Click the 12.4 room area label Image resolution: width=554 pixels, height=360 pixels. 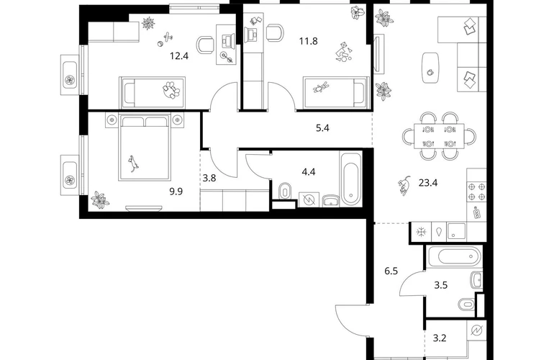[x=179, y=56]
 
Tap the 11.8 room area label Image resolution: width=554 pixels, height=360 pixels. [x=309, y=41]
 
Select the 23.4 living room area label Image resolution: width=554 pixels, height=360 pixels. [x=428, y=183]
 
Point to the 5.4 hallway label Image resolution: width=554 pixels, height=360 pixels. [x=322, y=128]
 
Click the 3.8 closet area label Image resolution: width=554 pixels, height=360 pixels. [x=209, y=178]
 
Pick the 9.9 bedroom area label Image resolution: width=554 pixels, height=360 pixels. [x=176, y=192]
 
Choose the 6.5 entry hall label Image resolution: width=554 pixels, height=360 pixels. [x=391, y=271]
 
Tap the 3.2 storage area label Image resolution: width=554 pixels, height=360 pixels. [x=440, y=338]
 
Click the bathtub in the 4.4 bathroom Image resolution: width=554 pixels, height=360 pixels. [x=350, y=179]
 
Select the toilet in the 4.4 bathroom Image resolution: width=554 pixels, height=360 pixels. [x=284, y=192]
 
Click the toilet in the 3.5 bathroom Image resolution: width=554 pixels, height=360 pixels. [x=467, y=303]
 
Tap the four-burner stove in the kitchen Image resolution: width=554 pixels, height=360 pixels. [x=476, y=192]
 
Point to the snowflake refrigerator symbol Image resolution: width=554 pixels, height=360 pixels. [x=421, y=232]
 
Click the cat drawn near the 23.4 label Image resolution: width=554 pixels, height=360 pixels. [x=404, y=185]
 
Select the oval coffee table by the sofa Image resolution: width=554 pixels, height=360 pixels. [x=430, y=68]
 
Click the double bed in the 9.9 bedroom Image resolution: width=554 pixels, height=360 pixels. [x=145, y=146]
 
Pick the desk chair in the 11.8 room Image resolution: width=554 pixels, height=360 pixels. [x=275, y=33]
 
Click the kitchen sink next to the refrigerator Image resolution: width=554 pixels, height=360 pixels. [x=456, y=232]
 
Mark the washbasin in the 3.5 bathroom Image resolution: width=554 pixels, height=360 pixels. [x=476, y=279]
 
